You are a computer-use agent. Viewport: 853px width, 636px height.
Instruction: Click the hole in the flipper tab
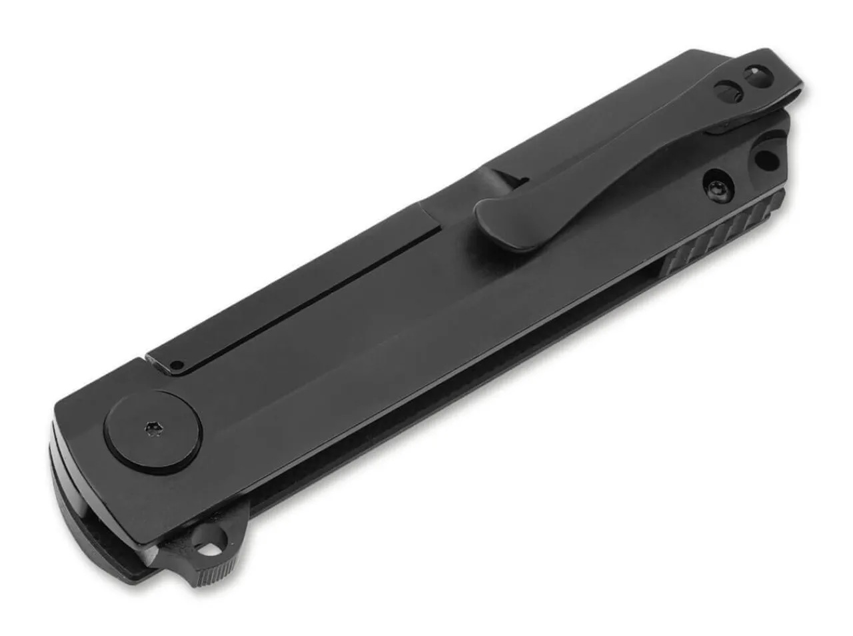pyautogui.click(x=213, y=549)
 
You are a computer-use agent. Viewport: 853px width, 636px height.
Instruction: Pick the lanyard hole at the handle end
pyautogui.click(x=766, y=159)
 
